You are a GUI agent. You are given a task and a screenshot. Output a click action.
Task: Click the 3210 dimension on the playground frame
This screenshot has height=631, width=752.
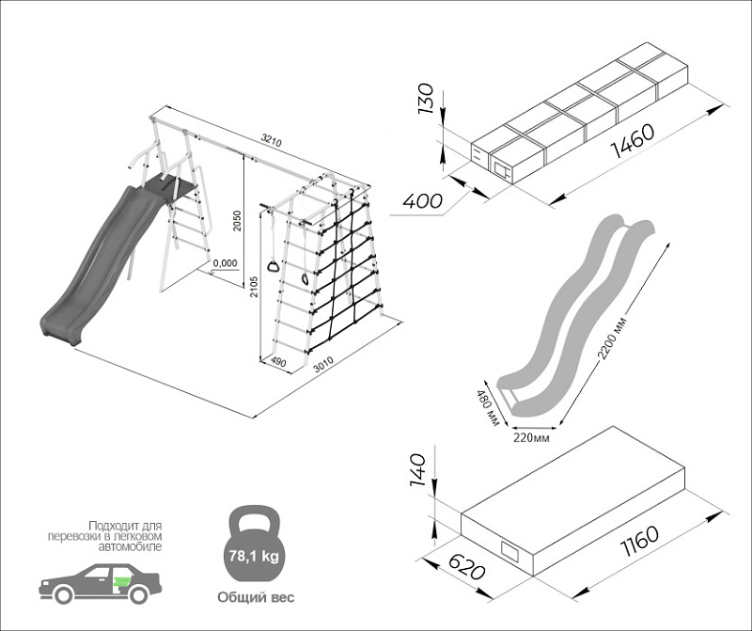pyautogui.click(x=271, y=142)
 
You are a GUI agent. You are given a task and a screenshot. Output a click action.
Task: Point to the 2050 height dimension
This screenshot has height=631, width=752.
pyautogui.click(x=238, y=218)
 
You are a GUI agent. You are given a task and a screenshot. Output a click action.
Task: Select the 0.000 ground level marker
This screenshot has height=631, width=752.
pyautogui.click(x=225, y=263)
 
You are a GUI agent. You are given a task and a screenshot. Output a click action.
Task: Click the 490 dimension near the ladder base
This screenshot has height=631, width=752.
pyautogui.click(x=277, y=361)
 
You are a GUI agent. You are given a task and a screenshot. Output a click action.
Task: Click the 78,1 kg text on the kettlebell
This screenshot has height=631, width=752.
pyautogui.click(x=253, y=556)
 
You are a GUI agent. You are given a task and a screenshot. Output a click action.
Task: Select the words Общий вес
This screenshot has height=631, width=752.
pyautogui.click(x=255, y=597)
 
